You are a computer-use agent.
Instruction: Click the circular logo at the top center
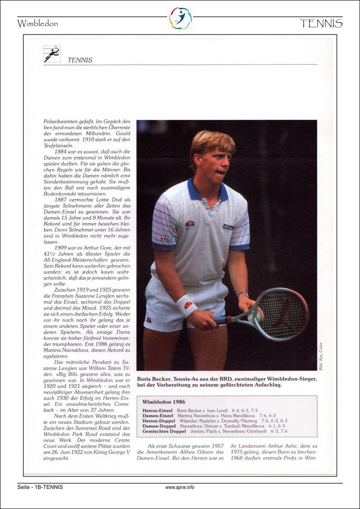click(180, 18)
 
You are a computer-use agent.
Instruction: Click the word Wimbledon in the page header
click(38, 23)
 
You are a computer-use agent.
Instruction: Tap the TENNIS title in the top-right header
click(321, 23)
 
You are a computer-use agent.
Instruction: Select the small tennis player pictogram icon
click(52, 54)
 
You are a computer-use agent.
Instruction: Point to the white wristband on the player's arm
click(186, 306)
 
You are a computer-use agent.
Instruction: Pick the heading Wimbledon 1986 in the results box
click(164, 402)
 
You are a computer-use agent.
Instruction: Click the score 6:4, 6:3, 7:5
click(245, 411)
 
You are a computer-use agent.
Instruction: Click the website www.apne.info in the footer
click(180, 487)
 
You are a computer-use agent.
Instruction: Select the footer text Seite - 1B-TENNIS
click(40, 487)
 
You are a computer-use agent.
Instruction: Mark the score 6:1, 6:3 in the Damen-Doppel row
click(275, 426)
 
